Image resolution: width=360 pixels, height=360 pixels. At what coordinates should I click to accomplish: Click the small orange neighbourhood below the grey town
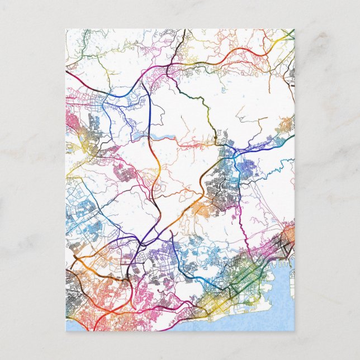tap(201, 210)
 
